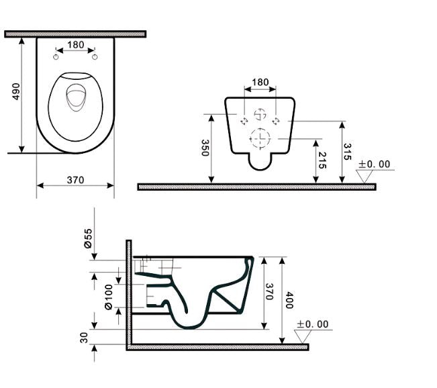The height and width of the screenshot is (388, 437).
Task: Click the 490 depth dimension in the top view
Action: [17, 92]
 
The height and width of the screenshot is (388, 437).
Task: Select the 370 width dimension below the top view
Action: [75, 179]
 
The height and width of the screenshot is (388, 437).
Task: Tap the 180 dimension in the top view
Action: [75, 45]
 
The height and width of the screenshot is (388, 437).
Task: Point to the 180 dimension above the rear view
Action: [260, 83]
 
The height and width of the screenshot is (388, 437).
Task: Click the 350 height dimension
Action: [205, 148]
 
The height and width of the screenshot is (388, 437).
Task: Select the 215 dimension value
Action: [322, 160]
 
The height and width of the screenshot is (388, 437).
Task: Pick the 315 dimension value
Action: [347, 152]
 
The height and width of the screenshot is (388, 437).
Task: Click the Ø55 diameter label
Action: [88, 239]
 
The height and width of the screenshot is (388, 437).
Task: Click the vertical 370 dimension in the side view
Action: [267, 292]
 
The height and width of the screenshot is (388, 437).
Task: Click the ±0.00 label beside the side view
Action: [313, 324]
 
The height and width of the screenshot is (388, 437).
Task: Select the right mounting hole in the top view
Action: [98, 57]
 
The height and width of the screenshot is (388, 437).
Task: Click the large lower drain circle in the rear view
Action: [259, 138]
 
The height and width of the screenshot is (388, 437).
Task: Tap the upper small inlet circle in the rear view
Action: [260, 113]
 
